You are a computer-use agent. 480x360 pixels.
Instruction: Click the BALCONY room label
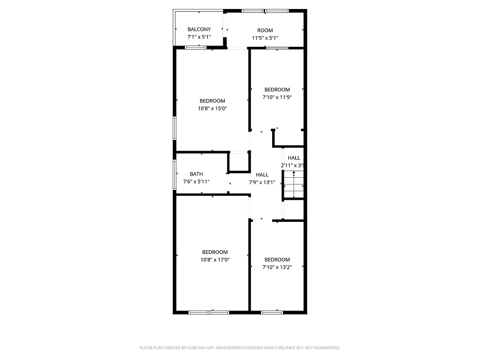pyautogui.click(x=199, y=29)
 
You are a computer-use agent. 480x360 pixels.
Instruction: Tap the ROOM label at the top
pyautogui.click(x=265, y=31)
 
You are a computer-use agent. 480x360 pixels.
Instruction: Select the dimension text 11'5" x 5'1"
pyautogui.click(x=265, y=38)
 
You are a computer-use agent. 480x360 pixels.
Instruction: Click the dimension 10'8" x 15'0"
pyautogui.click(x=212, y=108)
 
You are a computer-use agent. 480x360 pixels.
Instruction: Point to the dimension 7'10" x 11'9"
pyautogui.click(x=277, y=97)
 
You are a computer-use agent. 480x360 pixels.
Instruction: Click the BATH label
pyautogui.click(x=196, y=174)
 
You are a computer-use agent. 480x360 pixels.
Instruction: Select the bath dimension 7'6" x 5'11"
pyautogui.click(x=196, y=182)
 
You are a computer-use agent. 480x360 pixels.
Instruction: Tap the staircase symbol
pyautogui.click(x=294, y=185)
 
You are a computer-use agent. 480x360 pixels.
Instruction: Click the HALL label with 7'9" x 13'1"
pyautogui.click(x=262, y=175)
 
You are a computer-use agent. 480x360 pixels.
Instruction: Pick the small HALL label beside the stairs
pyautogui.click(x=294, y=158)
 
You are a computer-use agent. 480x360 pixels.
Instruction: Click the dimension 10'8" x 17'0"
pyautogui.click(x=215, y=260)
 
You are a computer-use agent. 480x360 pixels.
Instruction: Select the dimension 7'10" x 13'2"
pyautogui.click(x=277, y=267)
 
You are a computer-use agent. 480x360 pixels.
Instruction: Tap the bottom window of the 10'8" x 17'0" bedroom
pyautogui.click(x=209, y=312)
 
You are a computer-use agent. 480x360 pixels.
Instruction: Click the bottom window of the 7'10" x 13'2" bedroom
pyautogui.click(x=272, y=312)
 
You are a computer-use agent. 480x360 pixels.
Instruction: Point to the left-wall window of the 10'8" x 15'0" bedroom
pyautogui.click(x=175, y=128)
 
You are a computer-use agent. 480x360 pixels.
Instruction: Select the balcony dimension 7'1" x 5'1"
pyautogui.click(x=199, y=37)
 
